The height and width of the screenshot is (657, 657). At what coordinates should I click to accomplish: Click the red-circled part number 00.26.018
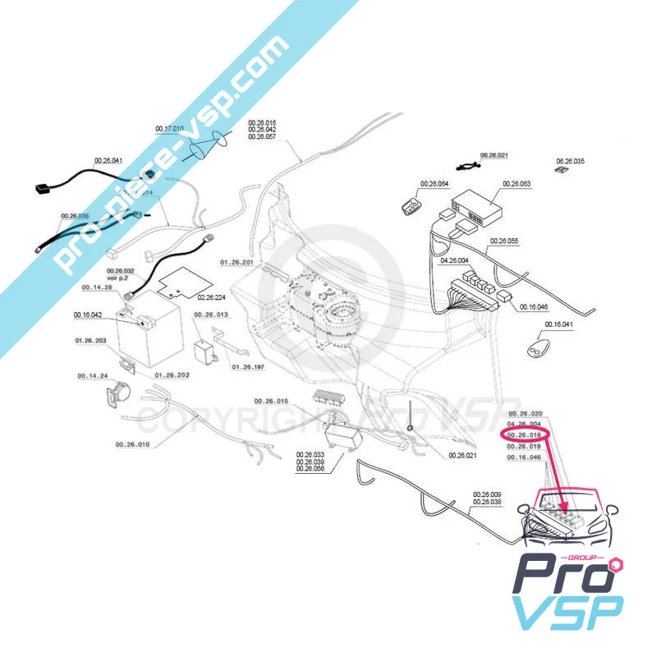point(525,434)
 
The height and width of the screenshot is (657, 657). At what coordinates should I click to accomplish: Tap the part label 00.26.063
point(517,183)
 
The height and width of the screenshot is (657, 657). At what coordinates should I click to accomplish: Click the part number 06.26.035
point(570,161)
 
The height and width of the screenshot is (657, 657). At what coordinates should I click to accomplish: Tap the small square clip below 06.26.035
point(562,171)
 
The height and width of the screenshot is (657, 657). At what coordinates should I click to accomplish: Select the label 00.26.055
point(503,241)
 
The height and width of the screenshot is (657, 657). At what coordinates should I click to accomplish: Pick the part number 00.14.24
point(93,376)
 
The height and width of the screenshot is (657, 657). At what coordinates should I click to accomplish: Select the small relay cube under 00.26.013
point(204,348)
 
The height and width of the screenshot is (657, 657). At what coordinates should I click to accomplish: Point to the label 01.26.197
point(247,366)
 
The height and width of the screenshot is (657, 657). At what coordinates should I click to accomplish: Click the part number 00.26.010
point(132,444)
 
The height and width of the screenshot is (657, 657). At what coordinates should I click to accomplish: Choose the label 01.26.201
point(236,261)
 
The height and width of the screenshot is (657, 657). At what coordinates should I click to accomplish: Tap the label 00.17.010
point(169,130)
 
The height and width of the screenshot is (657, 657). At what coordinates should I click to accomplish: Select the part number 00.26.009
point(487,494)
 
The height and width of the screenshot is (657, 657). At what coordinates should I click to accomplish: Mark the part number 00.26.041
point(108,160)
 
